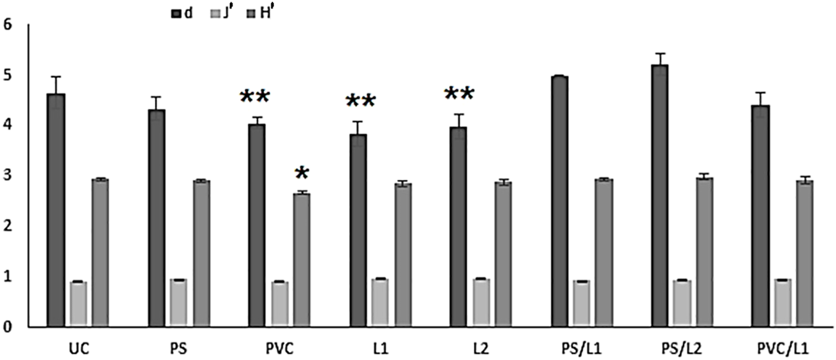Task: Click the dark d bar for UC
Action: point(56,210)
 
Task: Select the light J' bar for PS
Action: point(179,303)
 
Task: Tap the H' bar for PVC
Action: point(302,260)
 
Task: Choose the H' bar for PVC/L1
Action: point(805,254)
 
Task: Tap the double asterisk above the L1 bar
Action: point(361,102)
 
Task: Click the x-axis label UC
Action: point(79,346)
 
